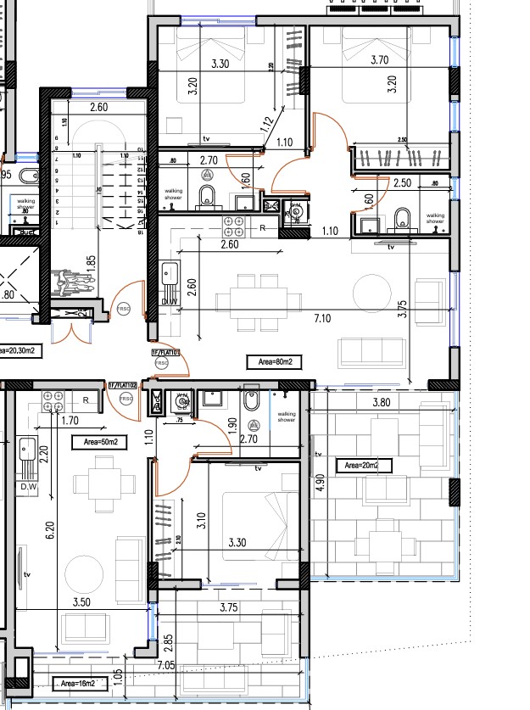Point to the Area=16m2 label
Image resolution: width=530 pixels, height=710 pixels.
tap(76, 683)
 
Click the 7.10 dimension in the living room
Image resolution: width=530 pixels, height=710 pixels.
tap(321, 317)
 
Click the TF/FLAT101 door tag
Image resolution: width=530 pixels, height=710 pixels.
tap(163, 351)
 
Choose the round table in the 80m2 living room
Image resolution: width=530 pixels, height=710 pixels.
tap(371, 293)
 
